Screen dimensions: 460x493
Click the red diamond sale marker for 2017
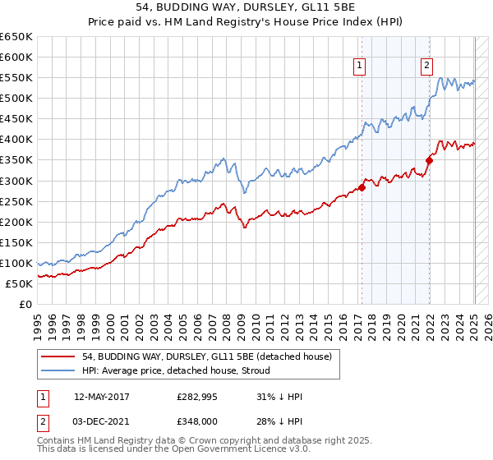(x=362, y=187)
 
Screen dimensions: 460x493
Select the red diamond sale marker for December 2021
(x=428, y=160)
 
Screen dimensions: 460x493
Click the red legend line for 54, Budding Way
(x=59, y=356)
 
